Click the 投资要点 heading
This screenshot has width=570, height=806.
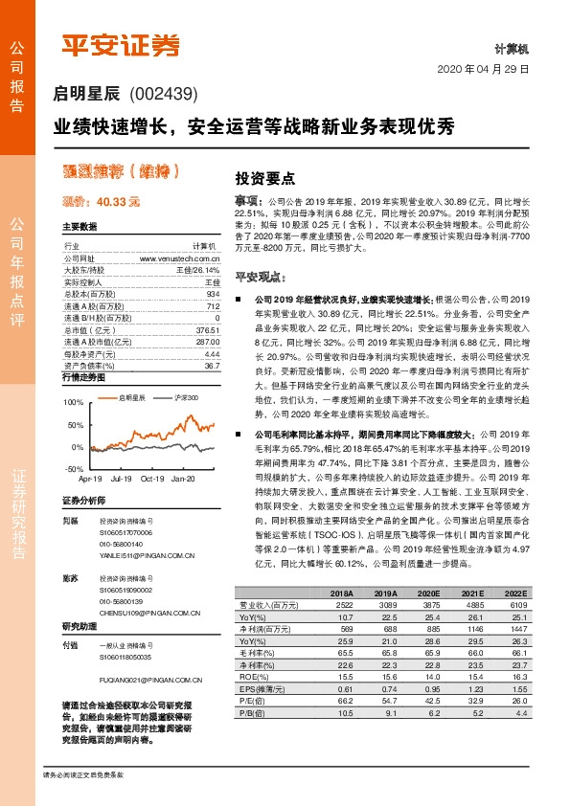coord(264,178)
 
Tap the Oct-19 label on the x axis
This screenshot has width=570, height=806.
coord(152,477)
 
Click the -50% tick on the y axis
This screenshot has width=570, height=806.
coord(74,469)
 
